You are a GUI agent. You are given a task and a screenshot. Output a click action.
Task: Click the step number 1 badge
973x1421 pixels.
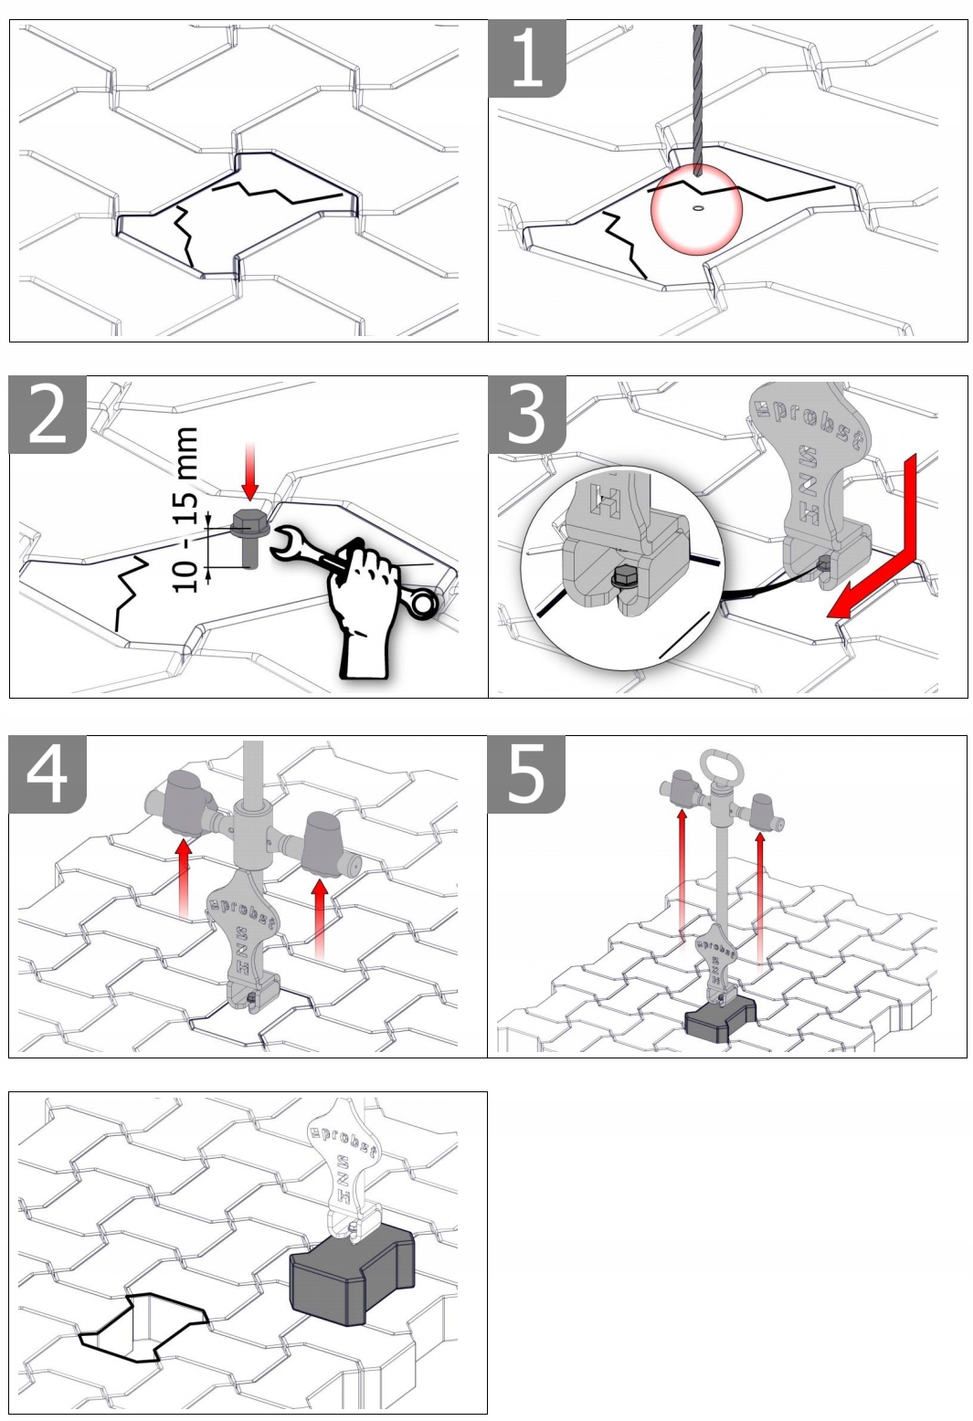[x=526, y=58]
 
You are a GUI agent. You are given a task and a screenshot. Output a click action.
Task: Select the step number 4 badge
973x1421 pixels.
[x=48, y=774]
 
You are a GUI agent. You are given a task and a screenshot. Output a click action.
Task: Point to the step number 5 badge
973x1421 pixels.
[x=526, y=774]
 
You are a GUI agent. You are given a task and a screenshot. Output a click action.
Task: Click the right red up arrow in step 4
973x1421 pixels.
[x=319, y=918]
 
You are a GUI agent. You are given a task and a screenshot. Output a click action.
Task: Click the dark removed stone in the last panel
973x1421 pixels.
[x=352, y=1274]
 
